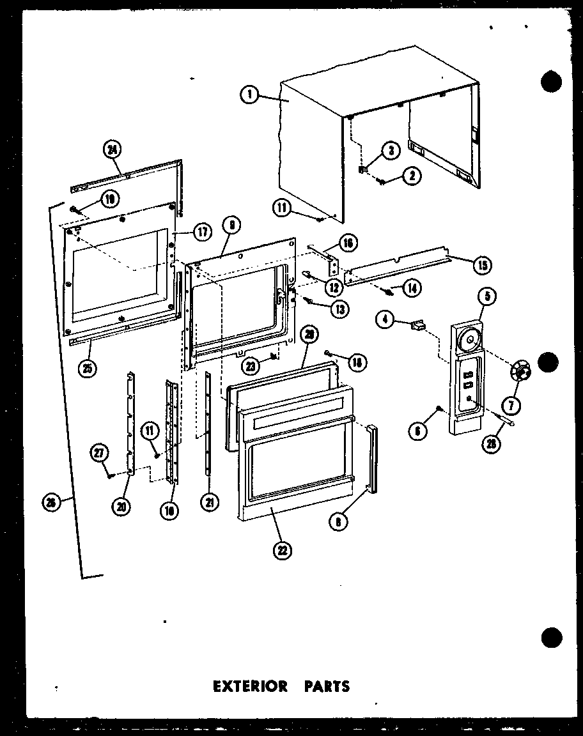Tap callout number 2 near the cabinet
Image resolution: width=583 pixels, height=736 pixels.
(412, 175)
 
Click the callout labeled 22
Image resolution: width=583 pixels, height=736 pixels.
(279, 550)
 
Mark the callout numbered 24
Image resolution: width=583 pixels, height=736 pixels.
(112, 151)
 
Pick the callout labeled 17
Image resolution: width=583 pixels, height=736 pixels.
(202, 233)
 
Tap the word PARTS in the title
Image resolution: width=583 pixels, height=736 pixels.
(327, 687)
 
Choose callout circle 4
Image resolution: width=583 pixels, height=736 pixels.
(385, 319)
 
